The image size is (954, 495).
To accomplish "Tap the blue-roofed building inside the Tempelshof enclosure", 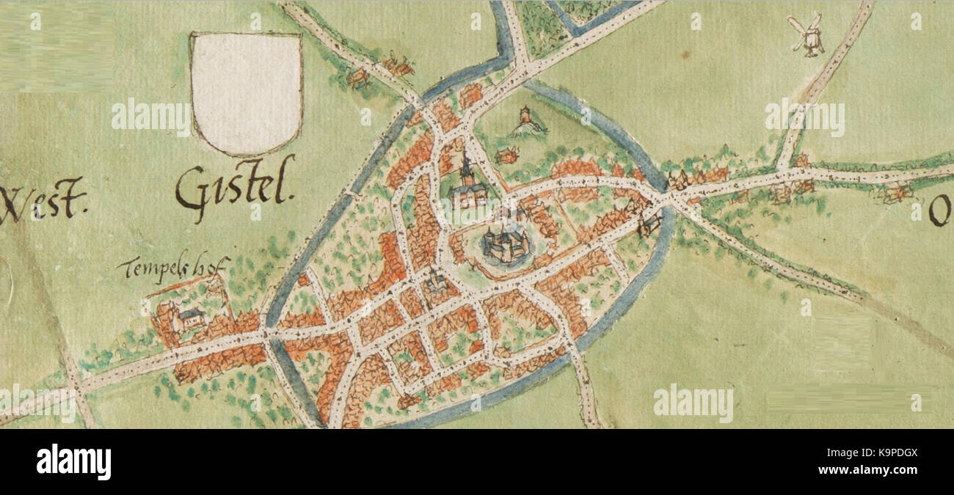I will click(190, 318).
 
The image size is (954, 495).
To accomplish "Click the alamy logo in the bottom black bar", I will click(73, 462).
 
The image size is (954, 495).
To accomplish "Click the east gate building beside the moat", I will click(649, 222).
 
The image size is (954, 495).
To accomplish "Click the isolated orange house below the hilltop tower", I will click(506, 155).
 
